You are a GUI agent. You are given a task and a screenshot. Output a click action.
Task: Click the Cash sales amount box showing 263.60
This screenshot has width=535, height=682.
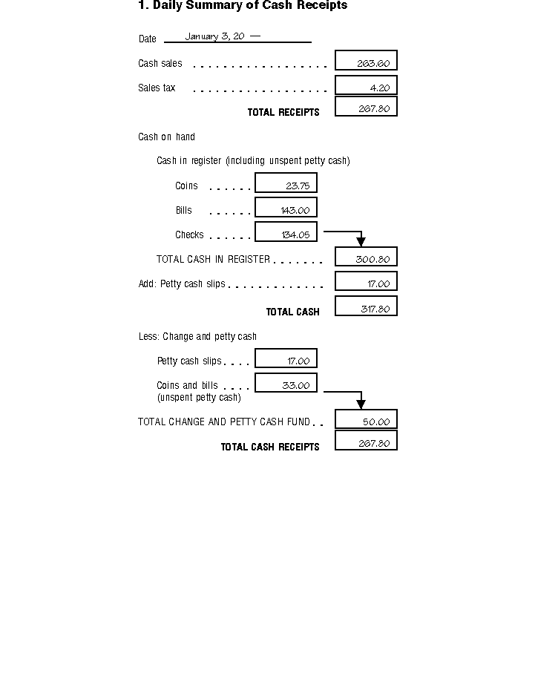pyautogui.click(x=366, y=61)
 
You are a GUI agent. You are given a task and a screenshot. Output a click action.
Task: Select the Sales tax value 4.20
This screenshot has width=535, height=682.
pyautogui.click(x=366, y=85)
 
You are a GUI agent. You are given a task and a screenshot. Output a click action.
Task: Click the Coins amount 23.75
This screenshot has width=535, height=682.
pyautogui.click(x=286, y=183)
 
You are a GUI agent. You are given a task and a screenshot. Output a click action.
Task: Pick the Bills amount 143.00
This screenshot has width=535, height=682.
pyautogui.click(x=286, y=208)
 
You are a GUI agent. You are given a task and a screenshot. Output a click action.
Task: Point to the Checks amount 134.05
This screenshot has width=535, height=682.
pyautogui.click(x=286, y=232)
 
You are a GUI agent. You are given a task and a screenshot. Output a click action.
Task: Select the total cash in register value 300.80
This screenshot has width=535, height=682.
pyautogui.click(x=366, y=258)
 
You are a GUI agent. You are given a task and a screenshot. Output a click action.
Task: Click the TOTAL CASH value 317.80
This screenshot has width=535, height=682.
pyautogui.click(x=366, y=306)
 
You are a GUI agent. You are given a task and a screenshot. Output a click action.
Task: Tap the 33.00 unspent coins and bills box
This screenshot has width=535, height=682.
pyautogui.click(x=286, y=383)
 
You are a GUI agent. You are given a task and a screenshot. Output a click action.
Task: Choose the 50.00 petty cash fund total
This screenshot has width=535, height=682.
pyautogui.click(x=366, y=420)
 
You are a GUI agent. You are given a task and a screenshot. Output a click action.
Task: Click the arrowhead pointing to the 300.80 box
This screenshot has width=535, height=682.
pyautogui.click(x=361, y=242)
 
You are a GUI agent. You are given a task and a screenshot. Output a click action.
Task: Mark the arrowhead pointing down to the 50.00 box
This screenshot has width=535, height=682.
pyautogui.click(x=361, y=404)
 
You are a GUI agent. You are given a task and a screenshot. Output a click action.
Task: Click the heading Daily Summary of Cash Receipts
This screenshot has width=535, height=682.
pyautogui.click(x=243, y=6)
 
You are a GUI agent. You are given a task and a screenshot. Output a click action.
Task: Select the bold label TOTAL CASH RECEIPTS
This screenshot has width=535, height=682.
pyautogui.click(x=270, y=447)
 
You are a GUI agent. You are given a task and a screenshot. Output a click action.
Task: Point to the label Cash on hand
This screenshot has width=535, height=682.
pyautogui.click(x=166, y=137)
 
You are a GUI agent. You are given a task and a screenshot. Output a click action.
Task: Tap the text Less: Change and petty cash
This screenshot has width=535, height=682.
pyautogui.click(x=197, y=336)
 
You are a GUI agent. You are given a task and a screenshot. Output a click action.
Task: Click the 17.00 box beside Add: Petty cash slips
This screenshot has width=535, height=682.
pyautogui.click(x=366, y=282)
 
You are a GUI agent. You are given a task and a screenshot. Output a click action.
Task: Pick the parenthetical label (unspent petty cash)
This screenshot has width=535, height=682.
pyautogui.click(x=199, y=397)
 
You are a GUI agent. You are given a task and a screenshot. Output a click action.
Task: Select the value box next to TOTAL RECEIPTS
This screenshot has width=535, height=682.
pyautogui.click(x=366, y=107)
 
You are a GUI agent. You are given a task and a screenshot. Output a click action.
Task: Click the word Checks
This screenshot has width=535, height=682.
pyautogui.click(x=189, y=235)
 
